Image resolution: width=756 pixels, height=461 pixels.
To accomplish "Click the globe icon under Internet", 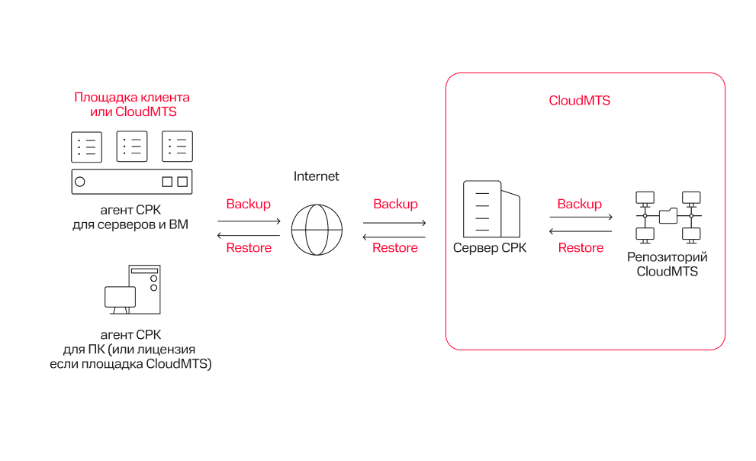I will point(317,229).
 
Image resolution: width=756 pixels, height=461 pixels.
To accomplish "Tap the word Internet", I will point(317,176).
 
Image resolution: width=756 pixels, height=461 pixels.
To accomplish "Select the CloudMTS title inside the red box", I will point(580,101).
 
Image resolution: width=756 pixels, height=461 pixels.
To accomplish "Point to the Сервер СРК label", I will point(490,248).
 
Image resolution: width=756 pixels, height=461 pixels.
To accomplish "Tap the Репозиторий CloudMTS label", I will point(668,265).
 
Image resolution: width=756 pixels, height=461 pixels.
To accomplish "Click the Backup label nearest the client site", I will point(249,204).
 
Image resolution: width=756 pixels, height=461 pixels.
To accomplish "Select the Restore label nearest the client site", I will point(249,247).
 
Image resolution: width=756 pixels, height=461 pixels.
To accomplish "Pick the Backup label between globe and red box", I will point(395,204).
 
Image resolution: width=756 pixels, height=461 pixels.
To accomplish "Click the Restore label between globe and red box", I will point(395,247).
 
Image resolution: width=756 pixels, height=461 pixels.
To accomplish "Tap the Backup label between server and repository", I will point(580,204).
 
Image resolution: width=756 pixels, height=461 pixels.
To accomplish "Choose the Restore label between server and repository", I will point(581,247).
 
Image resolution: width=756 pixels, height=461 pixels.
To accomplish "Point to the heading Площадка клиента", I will point(132,98).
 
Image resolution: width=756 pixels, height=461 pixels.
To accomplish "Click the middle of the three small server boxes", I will point(132,147).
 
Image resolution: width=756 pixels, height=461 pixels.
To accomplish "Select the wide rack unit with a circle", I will point(132,182).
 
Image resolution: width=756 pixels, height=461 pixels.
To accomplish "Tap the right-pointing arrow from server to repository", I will point(581,218).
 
